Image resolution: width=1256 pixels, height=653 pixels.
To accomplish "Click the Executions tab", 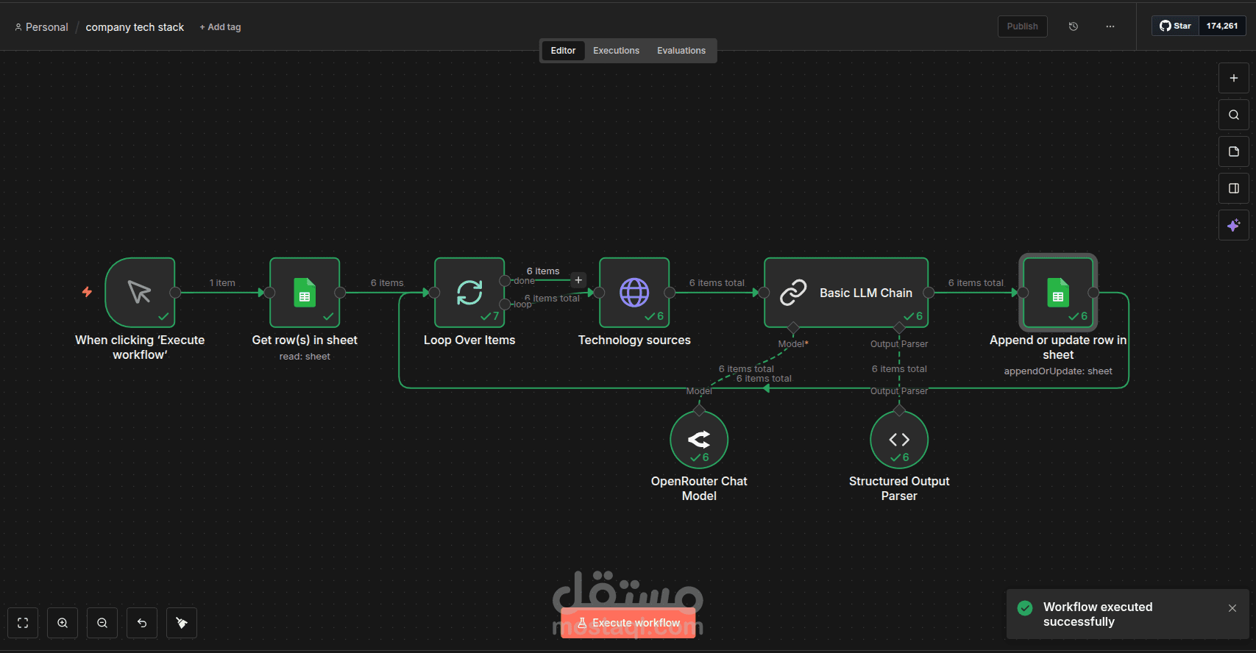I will (x=616, y=51).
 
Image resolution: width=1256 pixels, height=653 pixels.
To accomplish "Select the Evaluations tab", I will (x=681, y=51).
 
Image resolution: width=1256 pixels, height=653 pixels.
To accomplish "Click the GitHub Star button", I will (x=1176, y=26).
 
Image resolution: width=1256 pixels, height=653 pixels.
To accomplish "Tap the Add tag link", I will (x=220, y=27).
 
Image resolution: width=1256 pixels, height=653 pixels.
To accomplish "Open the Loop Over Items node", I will (x=469, y=293).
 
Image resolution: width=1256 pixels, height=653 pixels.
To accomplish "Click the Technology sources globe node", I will (x=634, y=293).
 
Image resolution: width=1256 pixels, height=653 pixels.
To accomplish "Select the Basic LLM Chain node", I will (x=846, y=293).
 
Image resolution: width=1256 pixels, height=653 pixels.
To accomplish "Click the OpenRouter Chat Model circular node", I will (x=699, y=440).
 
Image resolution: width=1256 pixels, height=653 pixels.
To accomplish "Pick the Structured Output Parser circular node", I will (x=899, y=440).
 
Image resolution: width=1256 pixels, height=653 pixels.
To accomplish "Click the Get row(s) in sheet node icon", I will (x=305, y=293).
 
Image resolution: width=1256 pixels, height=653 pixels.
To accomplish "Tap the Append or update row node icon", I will (x=1058, y=293).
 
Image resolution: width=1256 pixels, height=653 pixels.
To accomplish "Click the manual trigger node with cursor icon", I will (x=140, y=293).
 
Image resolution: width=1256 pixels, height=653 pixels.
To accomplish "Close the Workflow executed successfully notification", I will (x=1232, y=608).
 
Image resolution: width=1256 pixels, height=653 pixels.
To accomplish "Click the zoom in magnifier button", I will (x=63, y=623).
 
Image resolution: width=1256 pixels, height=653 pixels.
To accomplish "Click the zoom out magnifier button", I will (x=102, y=623).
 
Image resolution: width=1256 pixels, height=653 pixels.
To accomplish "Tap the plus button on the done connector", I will (x=578, y=280).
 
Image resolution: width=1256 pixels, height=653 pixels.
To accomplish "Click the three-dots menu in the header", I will (x=1110, y=26).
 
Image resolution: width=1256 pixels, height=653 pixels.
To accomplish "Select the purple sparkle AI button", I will (x=1234, y=225).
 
